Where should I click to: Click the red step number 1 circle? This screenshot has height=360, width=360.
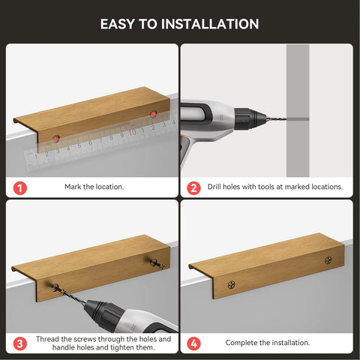19,186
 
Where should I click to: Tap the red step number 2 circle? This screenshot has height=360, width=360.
193,186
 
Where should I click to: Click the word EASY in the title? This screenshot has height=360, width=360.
118,24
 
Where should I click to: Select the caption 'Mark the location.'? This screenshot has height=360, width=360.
94,186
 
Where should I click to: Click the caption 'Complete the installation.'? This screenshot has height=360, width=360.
268,342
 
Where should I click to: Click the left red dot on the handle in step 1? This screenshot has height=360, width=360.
56,138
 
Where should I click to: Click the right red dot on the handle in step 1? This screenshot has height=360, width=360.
153,114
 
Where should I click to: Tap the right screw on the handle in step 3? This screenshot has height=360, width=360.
154,264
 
